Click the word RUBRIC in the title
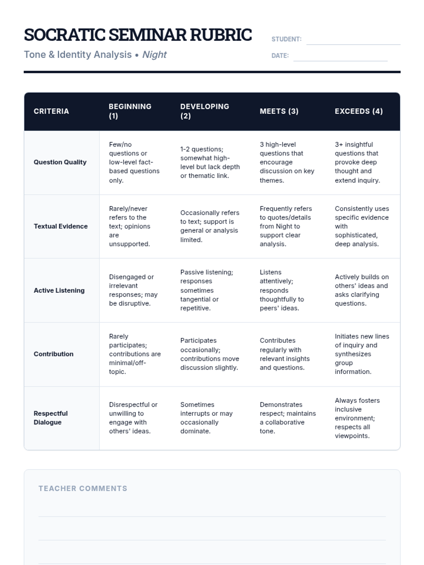(x=221, y=35)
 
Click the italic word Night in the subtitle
(x=154, y=55)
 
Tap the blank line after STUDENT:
(x=353, y=42)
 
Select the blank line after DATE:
(x=340, y=58)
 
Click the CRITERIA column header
(x=51, y=111)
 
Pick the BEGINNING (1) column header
(x=130, y=111)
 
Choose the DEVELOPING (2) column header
(x=205, y=111)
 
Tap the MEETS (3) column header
(x=279, y=111)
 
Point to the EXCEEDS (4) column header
(x=359, y=111)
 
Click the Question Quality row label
(x=60, y=162)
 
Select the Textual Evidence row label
(x=61, y=226)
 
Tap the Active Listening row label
(x=59, y=290)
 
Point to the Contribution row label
(x=54, y=354)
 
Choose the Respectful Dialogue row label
(x=51, y=418)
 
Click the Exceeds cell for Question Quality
(x=357, y=162)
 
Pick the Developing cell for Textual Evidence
(x=210, y=226)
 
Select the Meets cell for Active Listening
(x=282, y=290)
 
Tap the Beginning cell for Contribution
(x=135, y=354)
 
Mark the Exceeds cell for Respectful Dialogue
(x=357, y=418)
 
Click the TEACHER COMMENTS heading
(x=83, y=488)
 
